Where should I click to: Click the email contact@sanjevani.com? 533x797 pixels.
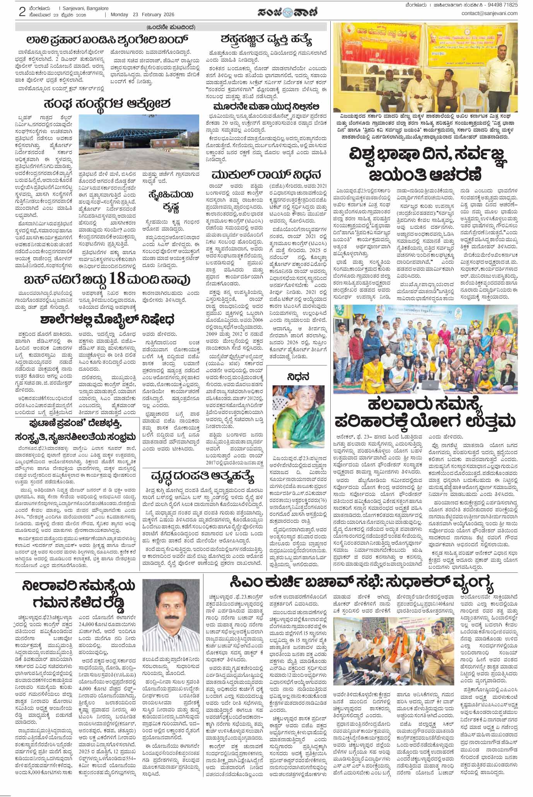pos(489,14)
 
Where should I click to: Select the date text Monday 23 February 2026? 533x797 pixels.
pos(142,15)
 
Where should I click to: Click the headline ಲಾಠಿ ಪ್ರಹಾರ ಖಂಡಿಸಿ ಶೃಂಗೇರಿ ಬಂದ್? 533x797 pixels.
pos(107,40)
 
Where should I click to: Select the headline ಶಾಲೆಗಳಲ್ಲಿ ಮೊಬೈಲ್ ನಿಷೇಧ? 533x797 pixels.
pos(107,320)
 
